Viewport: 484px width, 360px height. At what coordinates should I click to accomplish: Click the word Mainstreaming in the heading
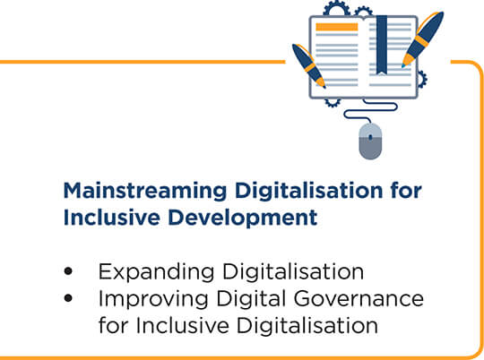coord(145,192)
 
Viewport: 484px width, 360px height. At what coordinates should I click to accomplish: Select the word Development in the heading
coord(243,218)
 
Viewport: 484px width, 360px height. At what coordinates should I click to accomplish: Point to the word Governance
coord(359,298)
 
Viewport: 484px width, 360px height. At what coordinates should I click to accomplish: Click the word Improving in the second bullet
coord(153,300)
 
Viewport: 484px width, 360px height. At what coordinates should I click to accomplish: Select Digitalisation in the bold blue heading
coord(309,192)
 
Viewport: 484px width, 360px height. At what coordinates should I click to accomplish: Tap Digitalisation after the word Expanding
coord(293,272)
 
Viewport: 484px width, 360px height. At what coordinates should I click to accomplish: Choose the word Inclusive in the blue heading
coord(112,218)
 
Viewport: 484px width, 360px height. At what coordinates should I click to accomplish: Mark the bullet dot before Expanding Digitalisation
coord(68,271)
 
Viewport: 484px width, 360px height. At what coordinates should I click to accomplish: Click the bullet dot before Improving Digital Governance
coord(68,298)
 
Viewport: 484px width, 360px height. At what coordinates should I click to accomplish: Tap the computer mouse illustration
coord(370,141)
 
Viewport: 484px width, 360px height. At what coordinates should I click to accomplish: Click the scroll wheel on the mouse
coord(370,137)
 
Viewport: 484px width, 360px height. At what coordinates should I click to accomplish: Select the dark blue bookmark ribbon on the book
coord(382,45)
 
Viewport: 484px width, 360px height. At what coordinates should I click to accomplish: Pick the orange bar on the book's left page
coord(337,27)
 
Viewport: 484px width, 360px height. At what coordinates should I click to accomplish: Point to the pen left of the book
coord(308,65)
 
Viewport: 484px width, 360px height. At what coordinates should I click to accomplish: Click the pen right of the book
coord(423,39)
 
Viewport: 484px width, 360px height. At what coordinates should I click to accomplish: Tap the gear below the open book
coord(333,102)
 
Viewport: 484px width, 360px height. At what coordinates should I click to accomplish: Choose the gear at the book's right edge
coord(422,80)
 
